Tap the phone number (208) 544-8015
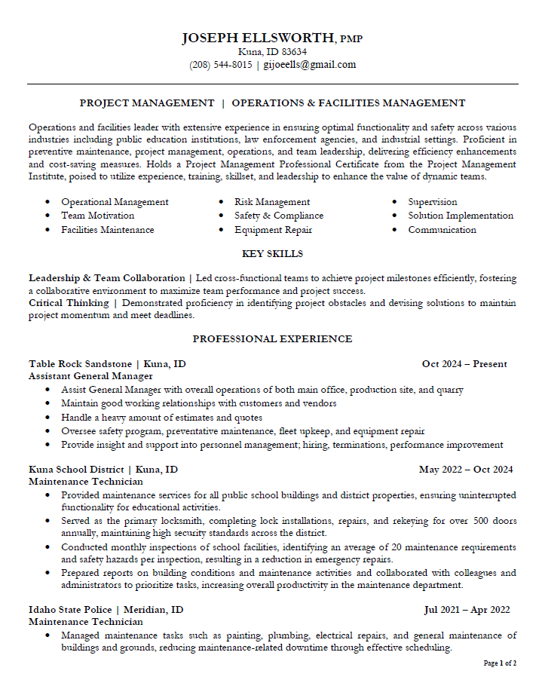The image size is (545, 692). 220,65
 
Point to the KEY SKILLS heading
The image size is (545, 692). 272,254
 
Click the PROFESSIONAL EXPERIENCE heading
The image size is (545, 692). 272,339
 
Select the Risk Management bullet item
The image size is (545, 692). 272,202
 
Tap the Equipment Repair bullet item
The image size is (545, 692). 273,230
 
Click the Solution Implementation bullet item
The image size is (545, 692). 461,216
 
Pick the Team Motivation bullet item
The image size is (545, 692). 97,216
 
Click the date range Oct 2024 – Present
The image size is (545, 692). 464,364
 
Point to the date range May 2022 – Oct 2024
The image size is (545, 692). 465,470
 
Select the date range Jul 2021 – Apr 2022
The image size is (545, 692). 467,610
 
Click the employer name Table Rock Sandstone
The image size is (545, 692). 80,364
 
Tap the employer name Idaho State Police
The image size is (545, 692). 70,610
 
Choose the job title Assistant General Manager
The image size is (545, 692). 90,375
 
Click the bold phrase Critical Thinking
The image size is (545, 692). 69,303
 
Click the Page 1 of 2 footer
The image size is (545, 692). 500,663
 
